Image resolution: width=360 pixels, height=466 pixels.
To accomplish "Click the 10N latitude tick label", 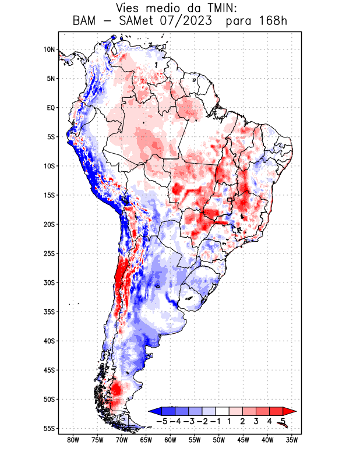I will pos(49,50).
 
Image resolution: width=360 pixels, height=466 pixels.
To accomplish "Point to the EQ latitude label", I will pos(50,108).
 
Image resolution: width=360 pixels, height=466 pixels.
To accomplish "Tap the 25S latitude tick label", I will pos(48,253).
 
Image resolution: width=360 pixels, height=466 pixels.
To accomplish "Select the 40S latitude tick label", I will pos(48,341).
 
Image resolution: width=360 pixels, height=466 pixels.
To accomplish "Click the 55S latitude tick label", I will pos(48,428).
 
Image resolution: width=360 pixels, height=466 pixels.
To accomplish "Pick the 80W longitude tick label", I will pos(73,440).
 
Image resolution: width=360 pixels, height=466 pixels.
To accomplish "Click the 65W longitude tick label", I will pos(146,440).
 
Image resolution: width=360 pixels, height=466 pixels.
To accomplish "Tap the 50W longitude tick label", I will pos(219,440).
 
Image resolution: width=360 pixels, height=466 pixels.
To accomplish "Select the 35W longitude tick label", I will pos(292,440).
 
